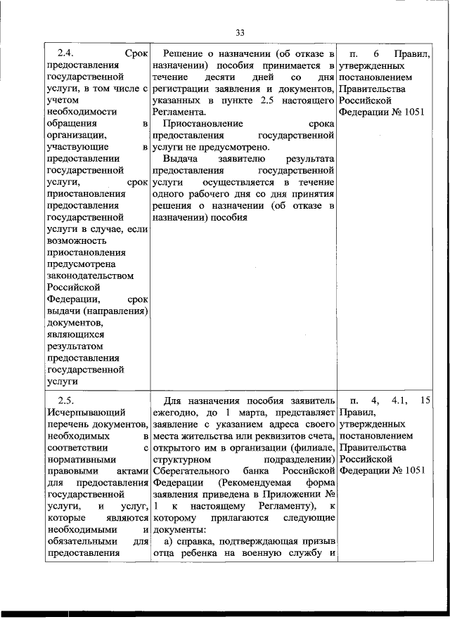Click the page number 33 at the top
tap(240, 32)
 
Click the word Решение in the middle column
tap(184, 53)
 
